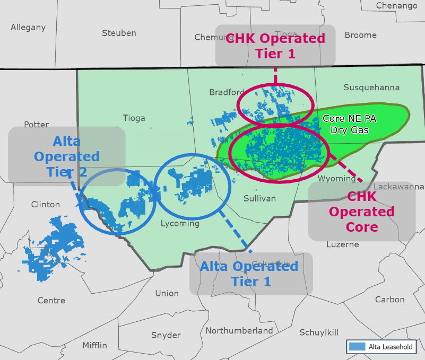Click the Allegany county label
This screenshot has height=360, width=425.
coord(28,27)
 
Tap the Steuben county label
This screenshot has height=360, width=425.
coord(119,33)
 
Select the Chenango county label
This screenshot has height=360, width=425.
coord(396,6)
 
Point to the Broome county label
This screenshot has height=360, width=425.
coord(360,35)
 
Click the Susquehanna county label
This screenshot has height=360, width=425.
coord(371,87)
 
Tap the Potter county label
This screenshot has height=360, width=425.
coord(36,125)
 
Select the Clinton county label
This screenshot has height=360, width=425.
coord(46,204)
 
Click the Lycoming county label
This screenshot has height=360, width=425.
coord(180,223)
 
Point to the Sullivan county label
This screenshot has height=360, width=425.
coord(260,198)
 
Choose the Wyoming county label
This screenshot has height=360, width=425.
coord(336,179)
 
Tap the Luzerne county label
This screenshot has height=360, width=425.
coord(343,244)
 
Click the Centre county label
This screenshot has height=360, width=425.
coord(51,301)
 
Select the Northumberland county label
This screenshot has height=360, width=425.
coord(239,330)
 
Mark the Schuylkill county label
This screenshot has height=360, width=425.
coord(319,332)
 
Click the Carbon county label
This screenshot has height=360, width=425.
coord(390,300)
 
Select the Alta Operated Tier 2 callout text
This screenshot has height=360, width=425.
coord(76,156)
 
